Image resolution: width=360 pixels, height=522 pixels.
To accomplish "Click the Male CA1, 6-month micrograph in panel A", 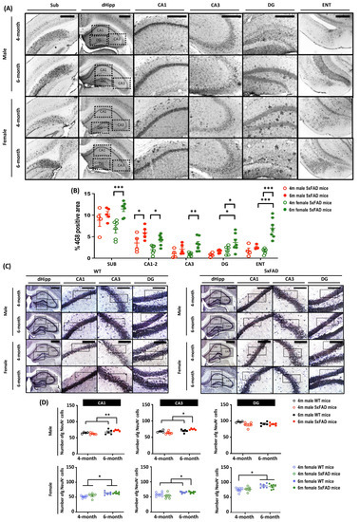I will click(153, 72).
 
